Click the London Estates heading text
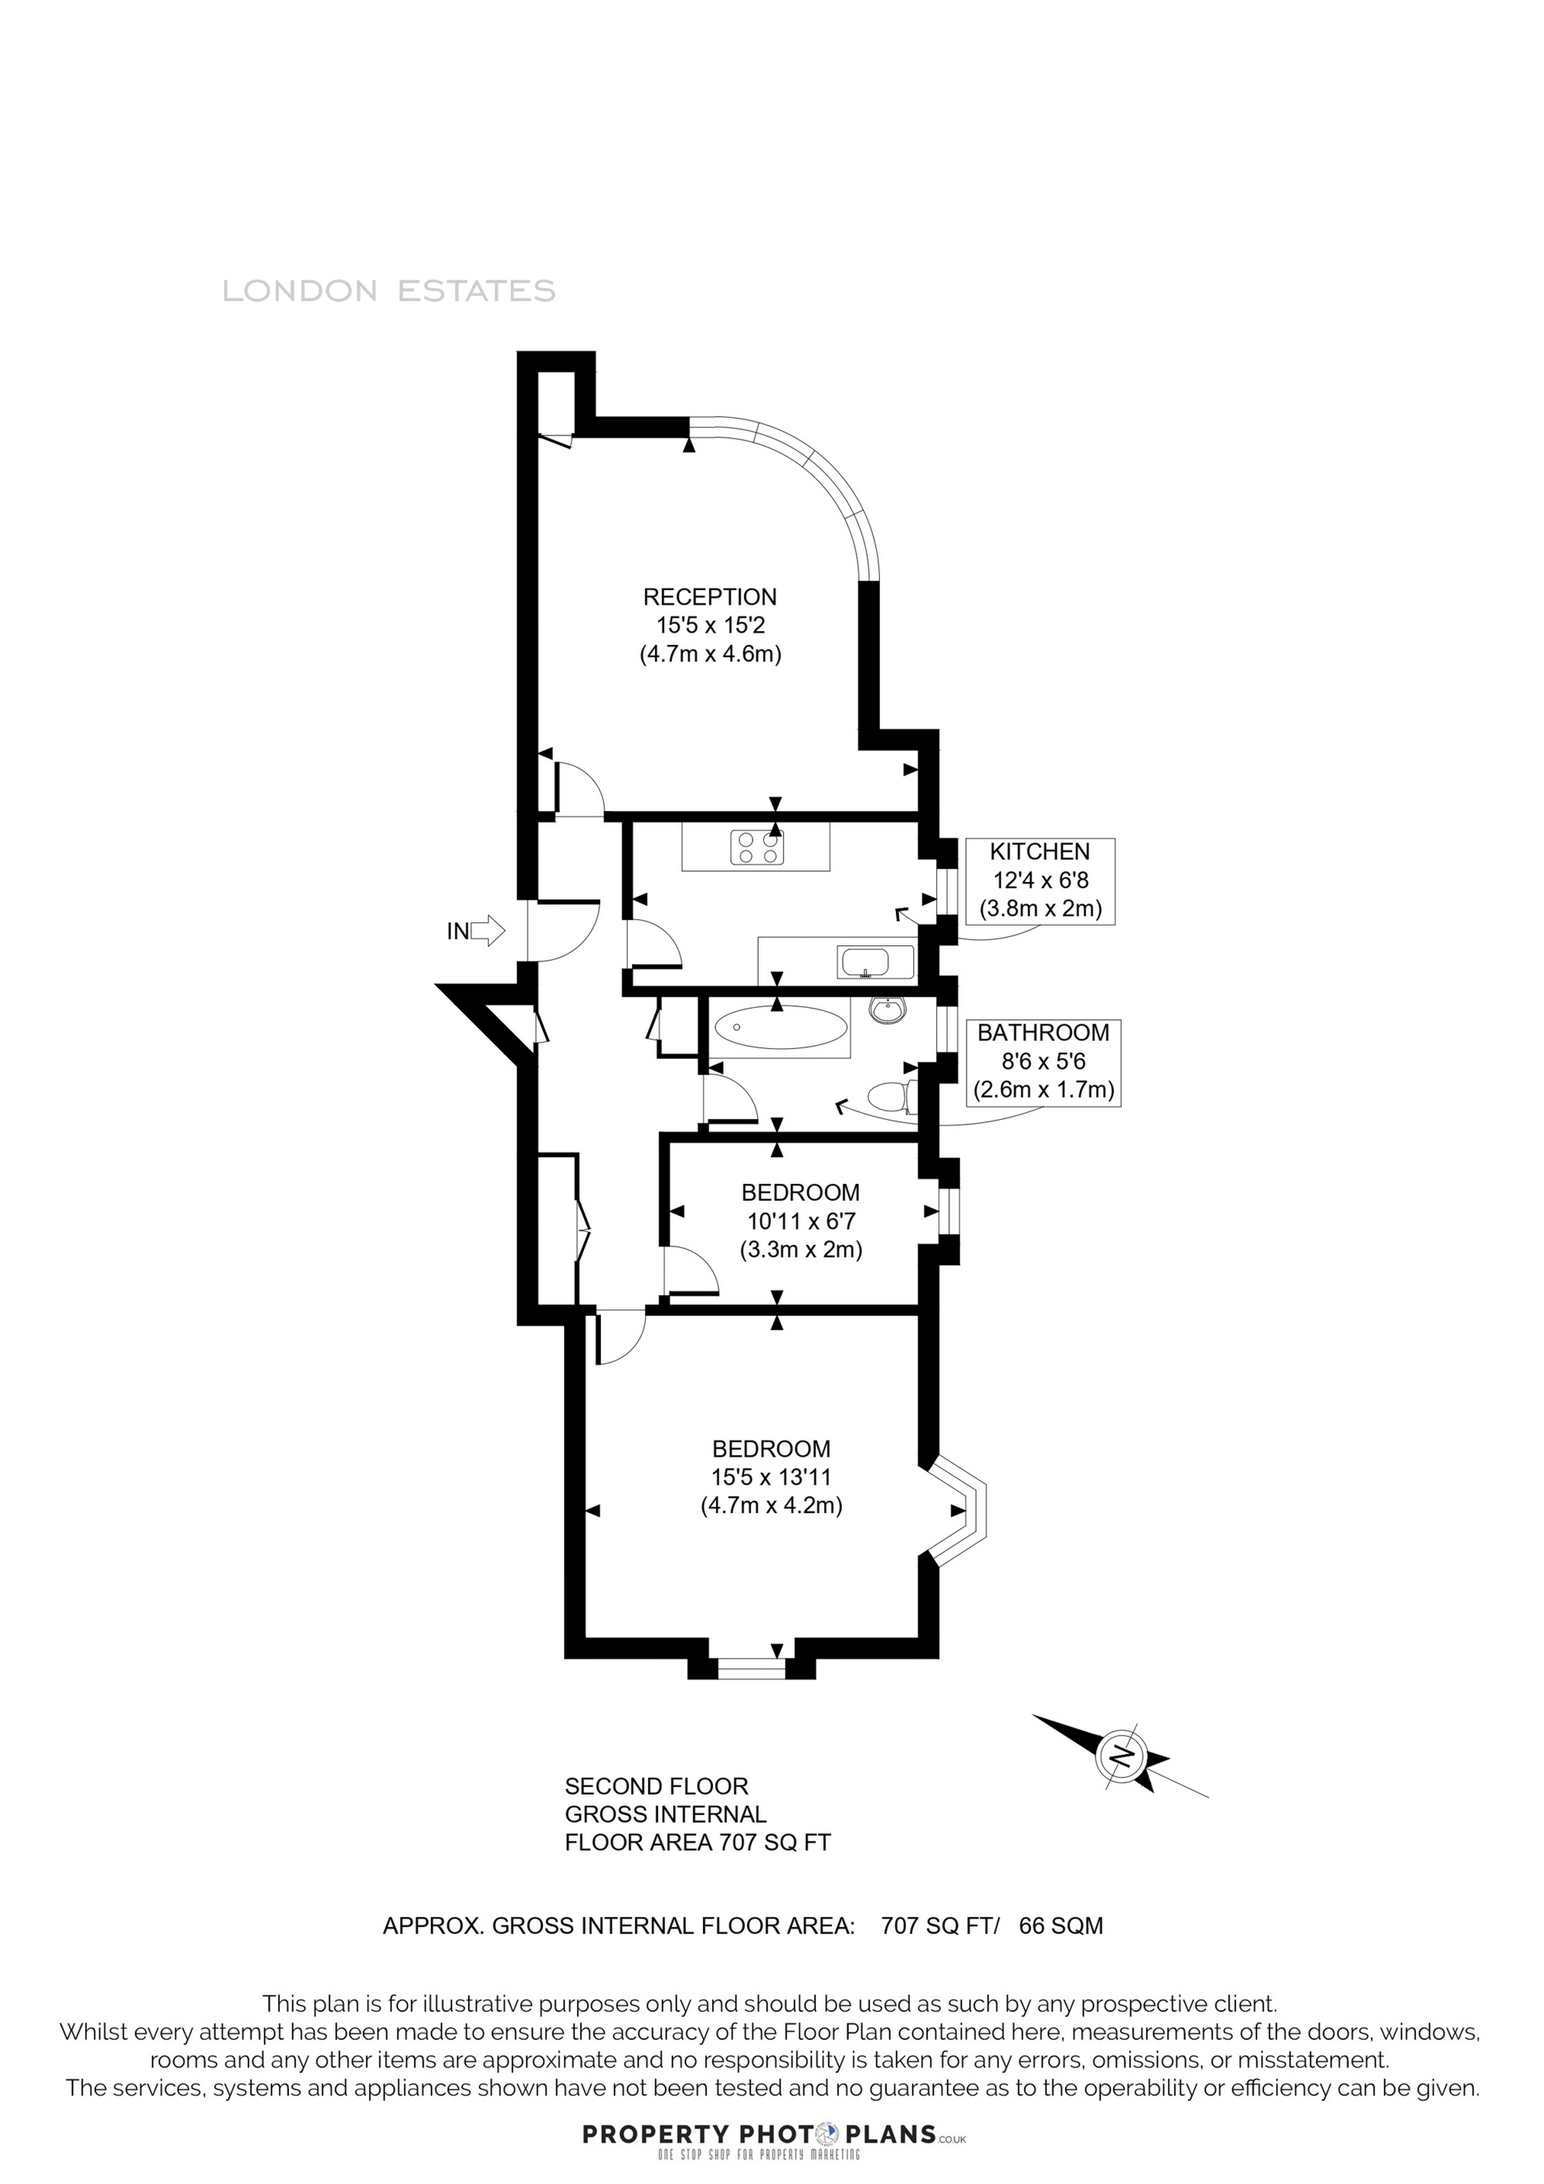388,291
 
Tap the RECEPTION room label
710,598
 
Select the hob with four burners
757,848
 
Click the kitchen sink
875,962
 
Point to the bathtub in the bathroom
780,1028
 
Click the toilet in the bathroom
892,1098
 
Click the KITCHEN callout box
1040,880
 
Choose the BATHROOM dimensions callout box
1044,1062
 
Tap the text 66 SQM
1061,1926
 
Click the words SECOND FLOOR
656,1786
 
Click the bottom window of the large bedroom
752,1666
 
